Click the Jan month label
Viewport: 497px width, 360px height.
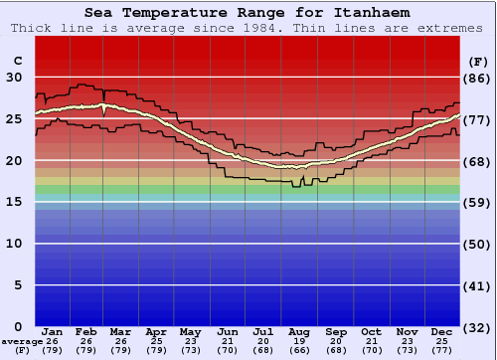[x=53, y=331]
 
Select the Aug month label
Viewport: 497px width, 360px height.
[x=299, y=331]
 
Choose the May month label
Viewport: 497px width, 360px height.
[x=190, y=331]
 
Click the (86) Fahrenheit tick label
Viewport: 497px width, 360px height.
[x=478, y=78]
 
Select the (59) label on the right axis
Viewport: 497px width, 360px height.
[x=478, y=202]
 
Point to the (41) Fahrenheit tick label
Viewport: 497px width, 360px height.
[x=478, y=285]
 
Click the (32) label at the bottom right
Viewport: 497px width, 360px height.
[x=478, y=327]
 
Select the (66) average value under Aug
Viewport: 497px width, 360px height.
[x=299, y=350]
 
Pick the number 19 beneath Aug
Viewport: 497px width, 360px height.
[x=299, y=340]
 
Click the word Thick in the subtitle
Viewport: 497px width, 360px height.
[x=31, y=28]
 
